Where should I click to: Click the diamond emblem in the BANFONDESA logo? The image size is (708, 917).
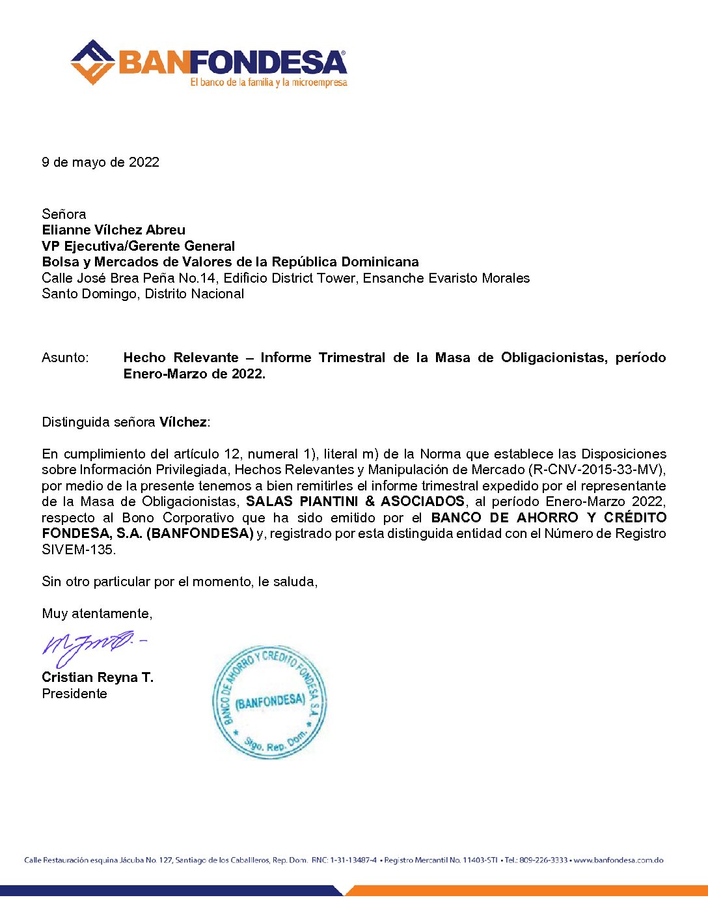pyautogui.click(x=92, y=63)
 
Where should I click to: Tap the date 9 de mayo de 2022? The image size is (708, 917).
pyautogui.click(x=100, y=162)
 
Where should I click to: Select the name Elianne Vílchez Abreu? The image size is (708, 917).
pyautogui.click(x=113, y=230)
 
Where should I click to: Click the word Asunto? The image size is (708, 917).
pyautogui.click(x=64, y=358)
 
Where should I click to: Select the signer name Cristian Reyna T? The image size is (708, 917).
pyautogui.click(x=98, y=677)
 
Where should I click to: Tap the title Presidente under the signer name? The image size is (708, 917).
pyautogui.click(x=74, y=694)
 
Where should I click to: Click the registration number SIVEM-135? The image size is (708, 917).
pyautogui.click(x=78, y=550)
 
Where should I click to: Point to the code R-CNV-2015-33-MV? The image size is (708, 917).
pyautogui.click(x=596, y=470)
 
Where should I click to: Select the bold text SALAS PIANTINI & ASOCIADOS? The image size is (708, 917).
pyautogui.click(x=355, y=501)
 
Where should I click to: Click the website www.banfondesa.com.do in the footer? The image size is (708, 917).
pyautogui.click(x=618, y=860)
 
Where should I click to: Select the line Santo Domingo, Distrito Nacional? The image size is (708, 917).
pyautogui.click(x=143, y=294)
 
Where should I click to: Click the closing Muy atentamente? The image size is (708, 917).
pyautogui.click(x=97, y=614)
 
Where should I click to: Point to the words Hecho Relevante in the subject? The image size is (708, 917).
pyautogui.click(x=181, y=358)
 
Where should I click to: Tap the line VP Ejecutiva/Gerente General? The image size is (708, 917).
pyautogui.click(x=138, y=246)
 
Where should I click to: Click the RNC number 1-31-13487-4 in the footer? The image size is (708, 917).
pyautogui.click(x=353, y=860)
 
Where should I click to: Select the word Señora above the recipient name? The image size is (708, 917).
pyautogui.click(x=64, y=214)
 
